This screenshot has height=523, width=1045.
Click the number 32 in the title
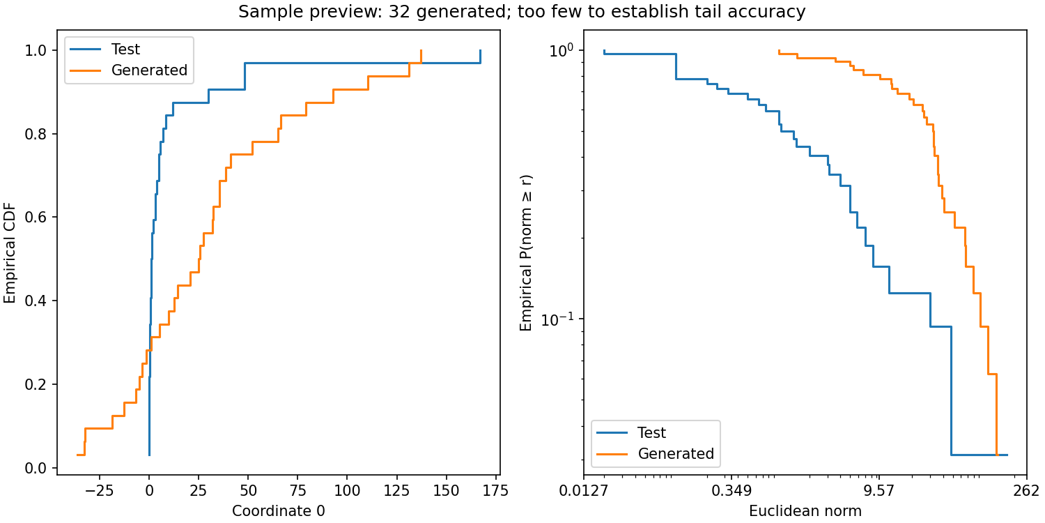(x=399, y=11)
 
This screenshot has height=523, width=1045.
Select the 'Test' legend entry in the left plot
(x=125, y=49)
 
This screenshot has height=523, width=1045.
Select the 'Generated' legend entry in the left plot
(x=149, y=70)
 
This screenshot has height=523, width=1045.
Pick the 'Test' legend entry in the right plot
(x=651, y=433)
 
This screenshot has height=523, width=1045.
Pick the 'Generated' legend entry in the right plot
(x=676, y=453)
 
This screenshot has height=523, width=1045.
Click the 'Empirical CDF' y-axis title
(x=9, y=252)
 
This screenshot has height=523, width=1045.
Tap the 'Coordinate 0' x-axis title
(x=279, y=511)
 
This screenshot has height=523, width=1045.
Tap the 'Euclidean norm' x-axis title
(x=805, y=511)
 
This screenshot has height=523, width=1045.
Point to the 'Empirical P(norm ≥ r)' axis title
(x=526, y=252)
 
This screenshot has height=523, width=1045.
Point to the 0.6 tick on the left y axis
(x=36, y=217)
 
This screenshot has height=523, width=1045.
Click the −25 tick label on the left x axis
(x=99, y=490)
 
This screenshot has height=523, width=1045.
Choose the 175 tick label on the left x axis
(x=495, y=490)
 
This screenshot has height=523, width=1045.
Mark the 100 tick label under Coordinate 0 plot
(x=347, y=490)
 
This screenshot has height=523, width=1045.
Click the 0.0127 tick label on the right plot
(x=584, y=490)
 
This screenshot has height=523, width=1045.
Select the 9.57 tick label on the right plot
(x=879, y=490)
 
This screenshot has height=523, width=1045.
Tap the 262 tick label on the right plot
(x=1027, y=490)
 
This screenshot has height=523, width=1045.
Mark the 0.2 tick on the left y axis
(x=36, y=384)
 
